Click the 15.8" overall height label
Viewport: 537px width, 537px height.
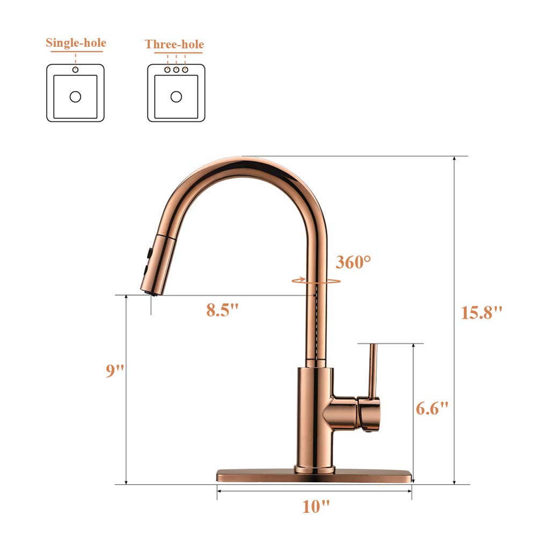(481, 313)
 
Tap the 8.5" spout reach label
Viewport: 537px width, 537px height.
(222, 310)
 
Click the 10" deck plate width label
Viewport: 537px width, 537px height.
(315, 506)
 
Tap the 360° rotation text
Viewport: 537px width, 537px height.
(353, 262)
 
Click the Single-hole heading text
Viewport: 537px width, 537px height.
(76, 43)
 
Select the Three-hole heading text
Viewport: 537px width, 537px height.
(174, 44)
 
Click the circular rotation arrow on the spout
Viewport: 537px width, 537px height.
(316, 280)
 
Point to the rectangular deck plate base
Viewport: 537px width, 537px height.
(315, 475)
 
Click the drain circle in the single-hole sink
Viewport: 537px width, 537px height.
(76, 97)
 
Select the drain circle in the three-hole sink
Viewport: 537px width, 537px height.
(176, 97)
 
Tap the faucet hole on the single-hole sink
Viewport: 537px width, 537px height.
(76, 70)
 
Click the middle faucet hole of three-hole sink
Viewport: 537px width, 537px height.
(176, 70)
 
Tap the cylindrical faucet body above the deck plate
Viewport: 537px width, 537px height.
(314, 413)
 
